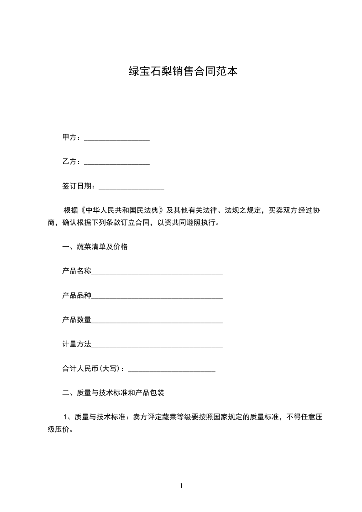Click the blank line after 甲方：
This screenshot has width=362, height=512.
117,138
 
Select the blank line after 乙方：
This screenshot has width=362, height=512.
117,162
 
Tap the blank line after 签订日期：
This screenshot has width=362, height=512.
131,187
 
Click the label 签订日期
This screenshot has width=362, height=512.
77,186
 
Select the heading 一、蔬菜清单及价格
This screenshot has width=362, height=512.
94,247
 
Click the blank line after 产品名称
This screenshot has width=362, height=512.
157,272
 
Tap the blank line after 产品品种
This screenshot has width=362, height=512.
157,297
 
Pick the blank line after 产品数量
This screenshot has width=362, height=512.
157,321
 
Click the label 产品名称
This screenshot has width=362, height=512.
77,271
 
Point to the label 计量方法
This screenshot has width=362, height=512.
77,344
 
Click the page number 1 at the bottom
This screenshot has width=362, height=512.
181,486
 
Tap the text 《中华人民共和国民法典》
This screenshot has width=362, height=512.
122,210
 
